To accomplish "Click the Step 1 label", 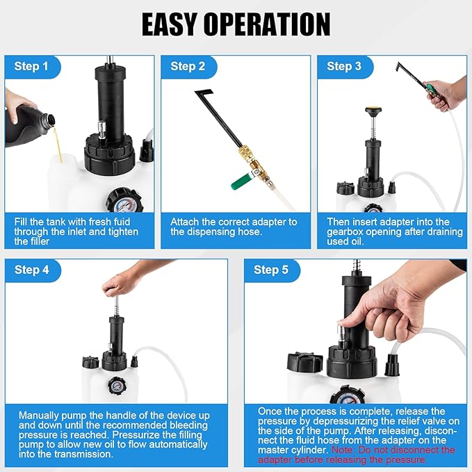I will click(x=32, y=67).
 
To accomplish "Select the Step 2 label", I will click(x=188, y=67).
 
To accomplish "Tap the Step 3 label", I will click(x=343, y=67).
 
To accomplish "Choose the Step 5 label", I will click(x=271, y=270).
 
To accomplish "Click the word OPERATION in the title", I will click(x=275, y=24).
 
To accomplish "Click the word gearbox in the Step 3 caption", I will click(x=348, y=231).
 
